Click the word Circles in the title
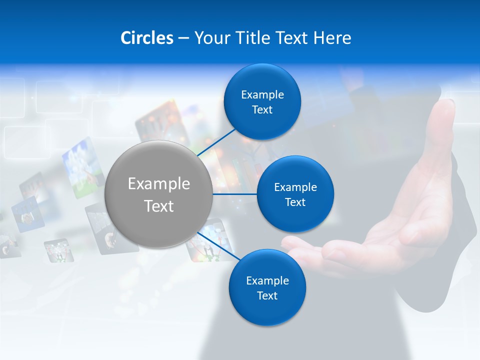point(147,38)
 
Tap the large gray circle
point(158,194)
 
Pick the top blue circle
point(262,102)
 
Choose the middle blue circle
point(295,194)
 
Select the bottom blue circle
point(267,288)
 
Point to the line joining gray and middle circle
point(234,194)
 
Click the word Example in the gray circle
point(158,183)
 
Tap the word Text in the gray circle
point(158,205)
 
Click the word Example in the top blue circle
point(262,94)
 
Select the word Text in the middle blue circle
point(295,202)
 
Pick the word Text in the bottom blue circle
point(267,295)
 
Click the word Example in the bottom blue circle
point(267,280)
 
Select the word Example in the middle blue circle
point(295,187)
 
